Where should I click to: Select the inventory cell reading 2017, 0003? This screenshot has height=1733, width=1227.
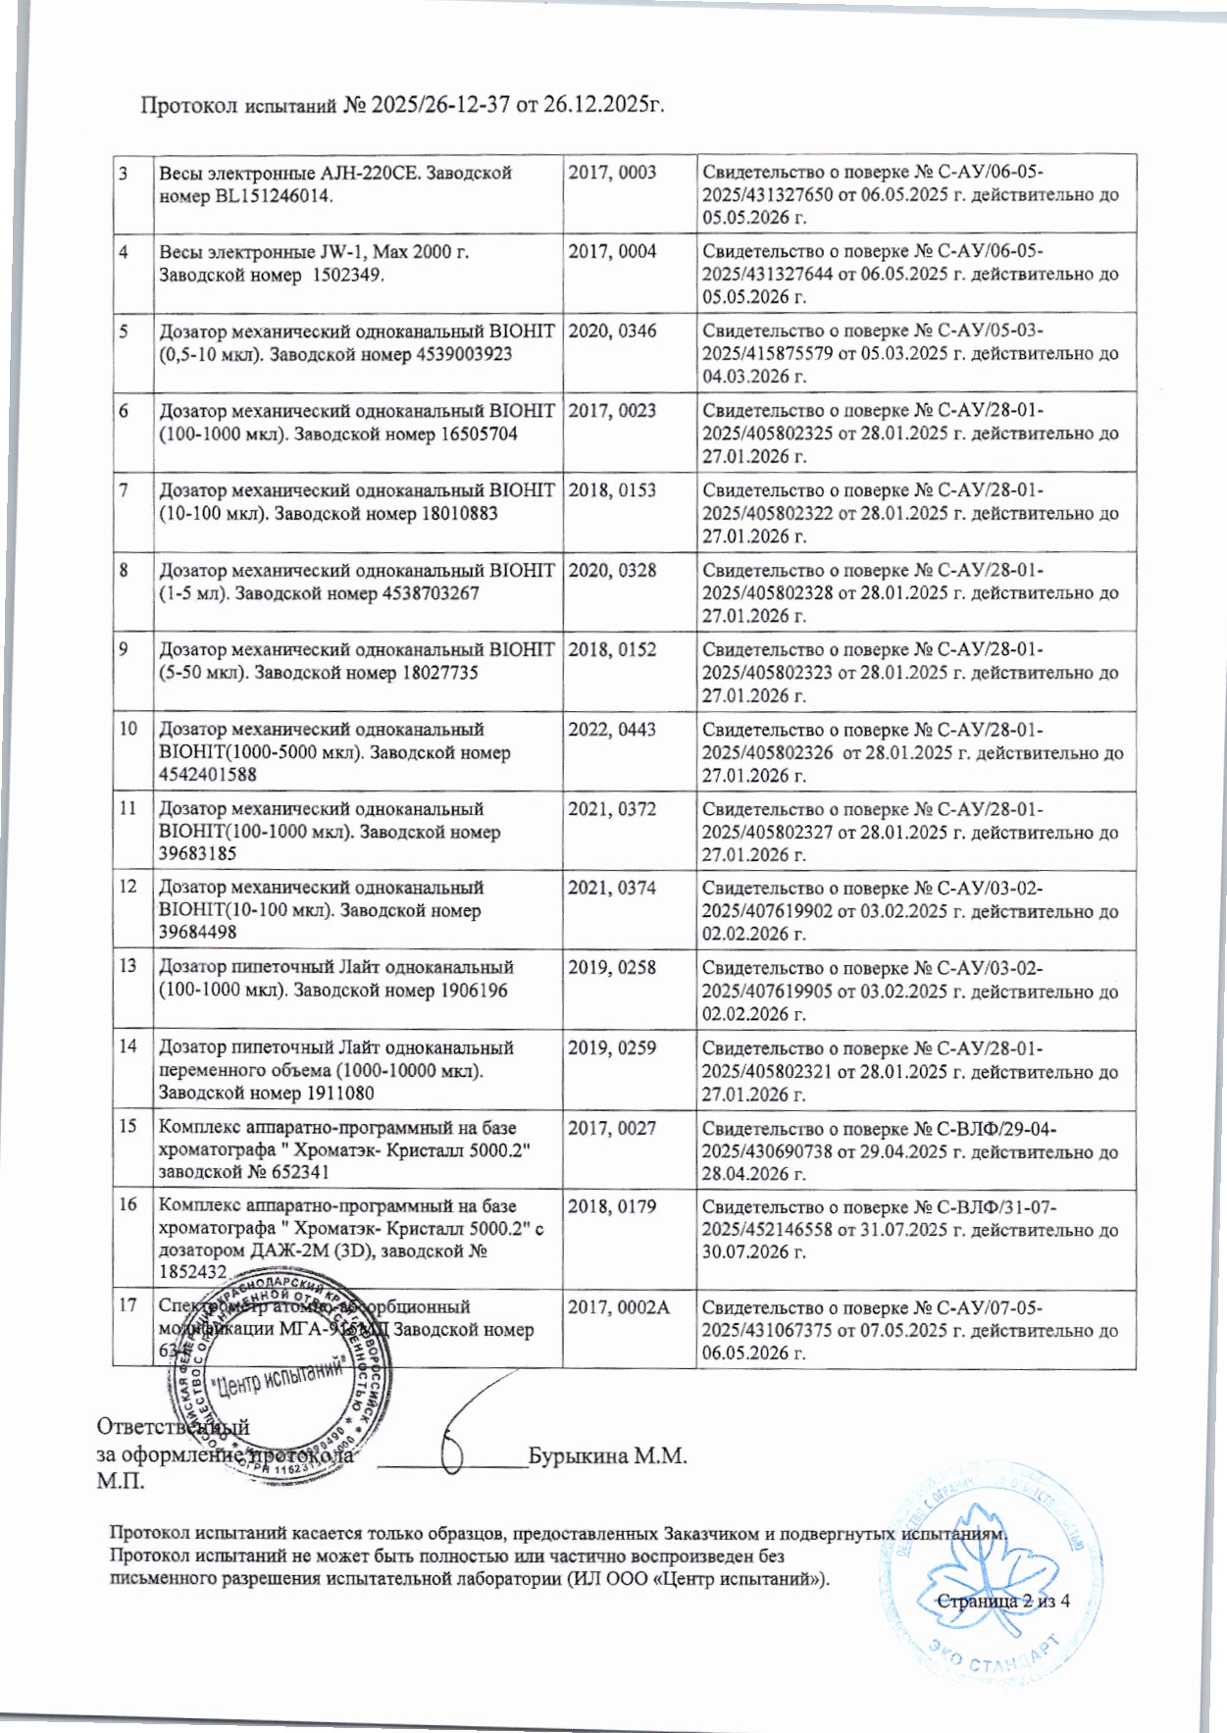[612, 173]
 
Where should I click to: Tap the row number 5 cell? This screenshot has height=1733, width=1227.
[125, 331]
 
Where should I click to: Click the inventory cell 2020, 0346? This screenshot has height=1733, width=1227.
[612, 331]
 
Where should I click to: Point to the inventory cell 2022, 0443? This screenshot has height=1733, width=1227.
[612, 730]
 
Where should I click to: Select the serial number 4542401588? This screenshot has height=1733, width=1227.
[207, 775]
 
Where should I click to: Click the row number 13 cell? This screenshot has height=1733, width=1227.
[128, 967]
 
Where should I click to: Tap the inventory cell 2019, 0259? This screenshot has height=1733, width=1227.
[612, 1047]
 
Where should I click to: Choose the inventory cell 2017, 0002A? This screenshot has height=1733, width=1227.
[618, 1306]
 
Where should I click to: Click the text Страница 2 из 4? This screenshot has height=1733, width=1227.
[1002, 1601]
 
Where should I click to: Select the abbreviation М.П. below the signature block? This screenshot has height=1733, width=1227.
[120, 1480]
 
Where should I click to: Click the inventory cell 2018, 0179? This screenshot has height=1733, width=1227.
[612, 1206]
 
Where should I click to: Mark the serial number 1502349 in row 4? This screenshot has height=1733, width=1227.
[346, 275]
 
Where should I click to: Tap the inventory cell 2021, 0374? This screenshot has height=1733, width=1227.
[612, 888]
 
